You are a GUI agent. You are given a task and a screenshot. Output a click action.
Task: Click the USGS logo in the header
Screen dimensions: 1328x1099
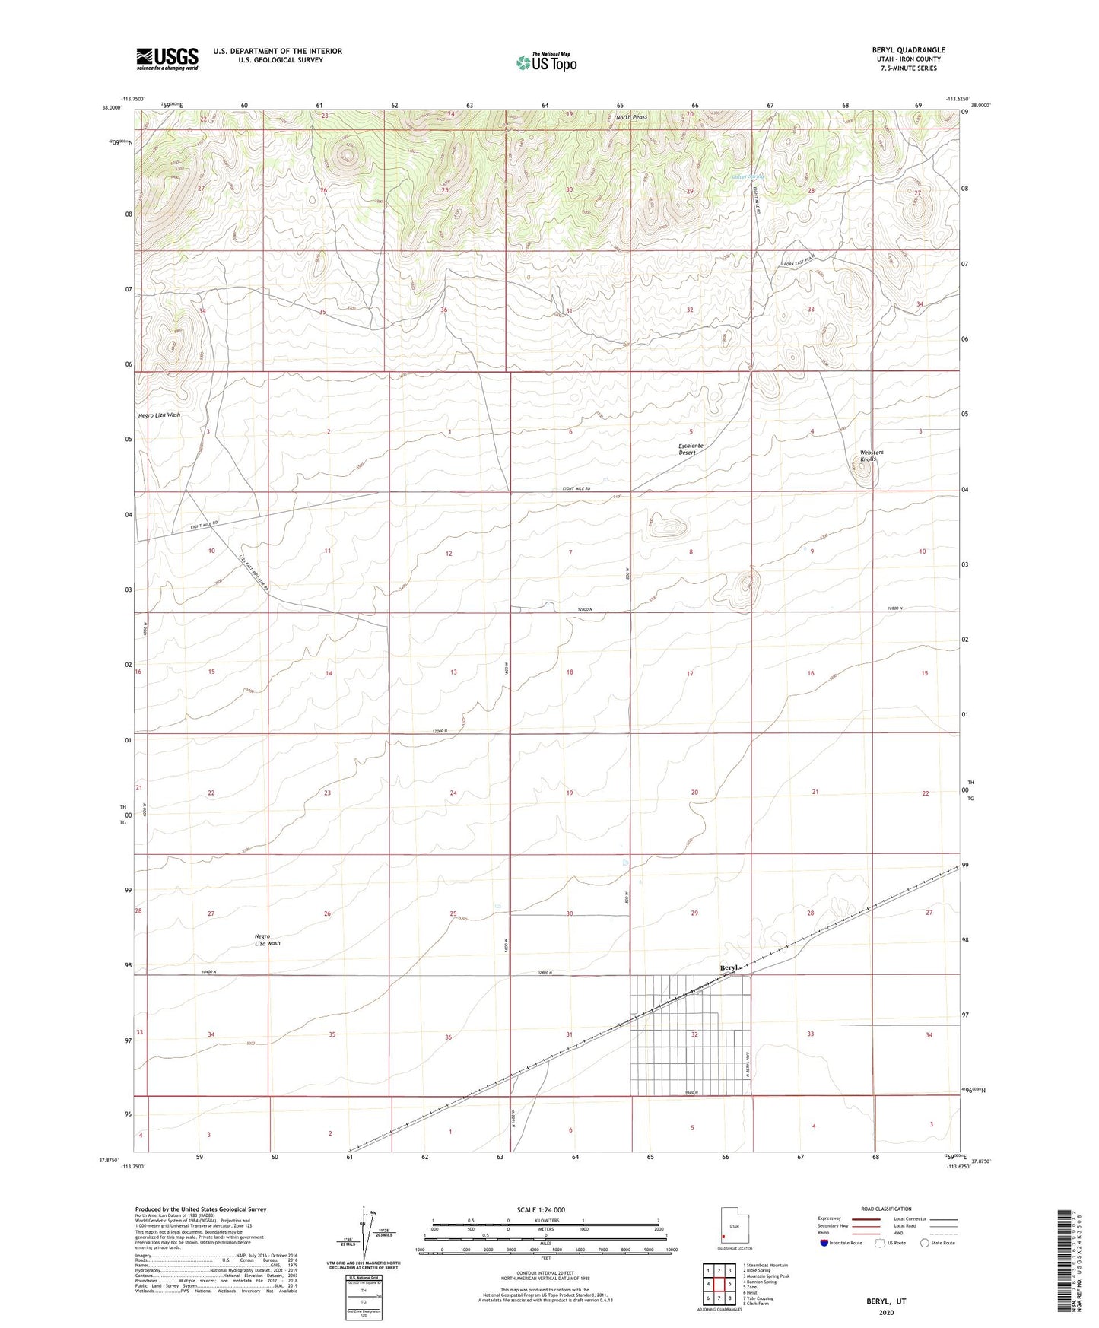tap(167, 59)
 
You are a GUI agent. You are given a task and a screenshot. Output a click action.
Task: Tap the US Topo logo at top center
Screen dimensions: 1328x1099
tap(546, 62)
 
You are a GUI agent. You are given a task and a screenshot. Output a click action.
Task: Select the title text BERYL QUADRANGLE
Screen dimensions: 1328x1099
tap(908, 50)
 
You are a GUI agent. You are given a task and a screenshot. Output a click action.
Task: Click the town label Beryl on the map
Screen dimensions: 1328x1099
tap(729, 967)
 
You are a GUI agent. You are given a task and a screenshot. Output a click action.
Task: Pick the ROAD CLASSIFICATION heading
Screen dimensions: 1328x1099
tap(886, 1209)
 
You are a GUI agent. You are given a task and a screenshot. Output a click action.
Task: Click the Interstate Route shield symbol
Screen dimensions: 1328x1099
tap(825, 1243)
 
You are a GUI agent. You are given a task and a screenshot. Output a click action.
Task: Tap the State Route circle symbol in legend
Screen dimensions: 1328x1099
tap(925, 1243)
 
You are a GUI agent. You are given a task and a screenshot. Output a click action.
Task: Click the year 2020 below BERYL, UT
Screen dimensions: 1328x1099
tap(886, 1312)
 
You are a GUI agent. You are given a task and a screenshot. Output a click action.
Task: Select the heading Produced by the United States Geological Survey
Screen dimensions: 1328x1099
tap(201, 1209)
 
